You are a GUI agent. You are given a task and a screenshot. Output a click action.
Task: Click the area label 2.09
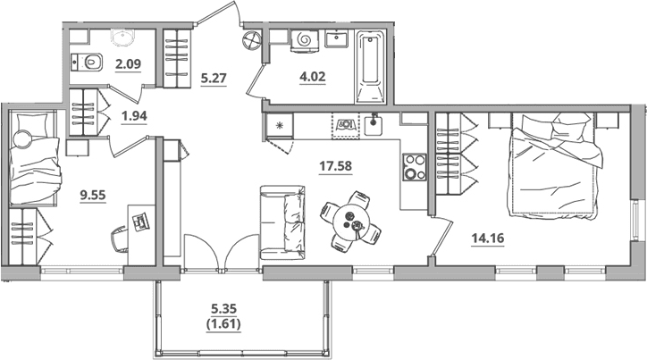[x=129, y=64]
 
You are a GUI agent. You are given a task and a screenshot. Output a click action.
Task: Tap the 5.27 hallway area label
[x=214, y=78]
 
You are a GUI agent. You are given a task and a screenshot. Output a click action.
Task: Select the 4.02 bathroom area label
[x=313, y=76]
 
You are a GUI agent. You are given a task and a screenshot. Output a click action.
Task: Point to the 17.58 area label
[x=335, y=166]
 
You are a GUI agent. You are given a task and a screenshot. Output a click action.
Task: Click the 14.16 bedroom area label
[x=488, y=238]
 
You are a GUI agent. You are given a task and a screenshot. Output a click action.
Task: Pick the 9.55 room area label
[x=93, y=195]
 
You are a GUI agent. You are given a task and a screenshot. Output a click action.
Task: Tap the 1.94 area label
[x=134, y=116]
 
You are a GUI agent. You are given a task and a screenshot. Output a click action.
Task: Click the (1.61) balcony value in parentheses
[x=223, y=324]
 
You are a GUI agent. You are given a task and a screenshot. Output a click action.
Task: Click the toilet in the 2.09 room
[x=87, y=63]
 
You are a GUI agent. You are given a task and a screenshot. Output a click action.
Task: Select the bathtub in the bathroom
[x=370, y=67]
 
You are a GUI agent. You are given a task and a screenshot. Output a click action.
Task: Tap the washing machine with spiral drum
[x=305, y=40]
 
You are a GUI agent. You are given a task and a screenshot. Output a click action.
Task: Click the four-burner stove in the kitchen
[x=415, y=166]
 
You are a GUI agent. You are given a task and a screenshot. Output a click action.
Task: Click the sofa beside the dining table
[x=282, y=222]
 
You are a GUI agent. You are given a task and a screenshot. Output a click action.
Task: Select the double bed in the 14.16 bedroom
[x=556, y=165]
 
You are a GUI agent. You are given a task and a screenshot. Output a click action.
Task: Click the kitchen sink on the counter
[x=374, y=125]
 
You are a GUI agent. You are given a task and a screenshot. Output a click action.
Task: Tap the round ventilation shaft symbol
[x=252, y=40]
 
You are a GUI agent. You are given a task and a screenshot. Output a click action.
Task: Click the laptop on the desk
[x=140, y=221]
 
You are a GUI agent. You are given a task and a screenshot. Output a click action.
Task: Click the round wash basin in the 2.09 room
[x=122, y=38]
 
